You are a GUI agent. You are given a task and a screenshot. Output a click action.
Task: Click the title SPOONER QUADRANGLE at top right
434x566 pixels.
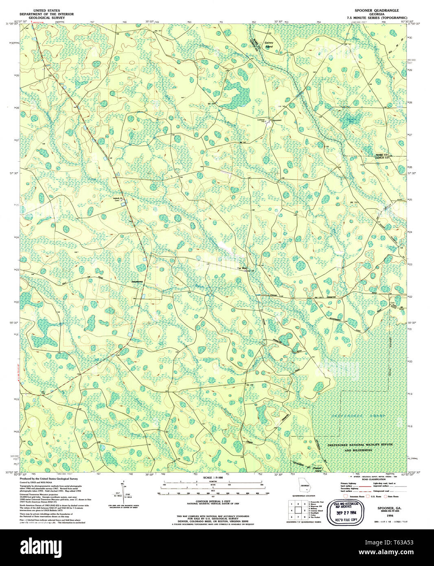tap(377, 10)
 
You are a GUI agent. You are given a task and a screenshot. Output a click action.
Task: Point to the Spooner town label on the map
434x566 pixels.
tap(276, 120)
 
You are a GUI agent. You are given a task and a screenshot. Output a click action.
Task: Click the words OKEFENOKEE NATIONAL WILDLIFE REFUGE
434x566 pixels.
tap(360, 445)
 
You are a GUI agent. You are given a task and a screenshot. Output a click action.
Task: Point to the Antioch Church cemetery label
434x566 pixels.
tap(118, 200)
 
